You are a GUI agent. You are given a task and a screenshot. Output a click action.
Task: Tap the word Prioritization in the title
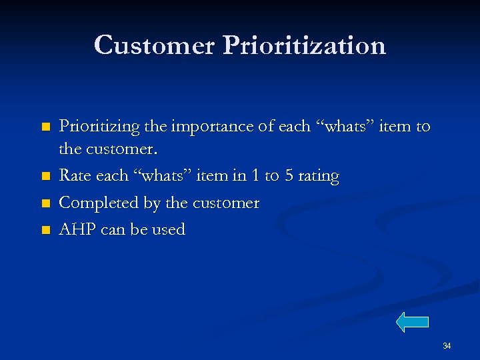[305, 45]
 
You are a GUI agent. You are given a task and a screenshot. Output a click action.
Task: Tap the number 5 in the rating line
[289, 177]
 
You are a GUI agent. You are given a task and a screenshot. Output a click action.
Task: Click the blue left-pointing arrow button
[412, 322]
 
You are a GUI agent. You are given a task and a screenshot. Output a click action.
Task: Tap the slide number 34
[447, 346]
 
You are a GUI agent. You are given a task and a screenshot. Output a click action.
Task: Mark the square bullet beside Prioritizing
[45, 127]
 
